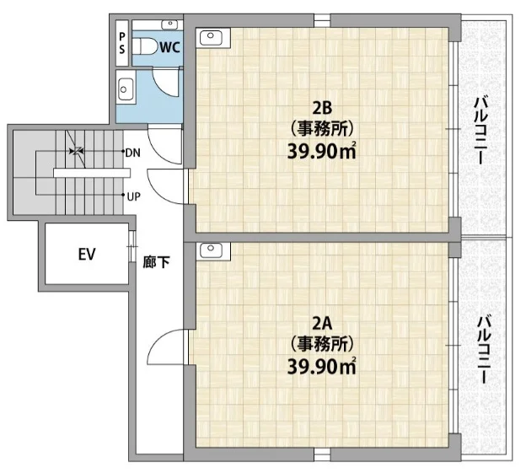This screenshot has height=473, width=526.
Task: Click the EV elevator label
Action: click(87, 254)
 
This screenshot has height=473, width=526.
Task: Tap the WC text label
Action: click(169, 47)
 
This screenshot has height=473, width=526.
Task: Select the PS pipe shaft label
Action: click(121, 43)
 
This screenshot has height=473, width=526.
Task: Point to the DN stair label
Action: click(132, 153)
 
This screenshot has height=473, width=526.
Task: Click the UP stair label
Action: click(133, 196)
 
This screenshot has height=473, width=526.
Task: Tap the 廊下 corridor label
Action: click(156, 261)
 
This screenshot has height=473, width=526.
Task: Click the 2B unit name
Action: click(322, 108)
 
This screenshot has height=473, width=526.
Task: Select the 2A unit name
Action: click(322, 324)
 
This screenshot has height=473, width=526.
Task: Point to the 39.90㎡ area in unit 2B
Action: click(322, 152)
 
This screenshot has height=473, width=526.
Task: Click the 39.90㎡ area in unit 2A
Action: click(322, 367)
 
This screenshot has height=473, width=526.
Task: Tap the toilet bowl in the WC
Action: click(145, 46)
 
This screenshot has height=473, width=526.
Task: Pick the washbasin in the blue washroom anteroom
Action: click(126, 90)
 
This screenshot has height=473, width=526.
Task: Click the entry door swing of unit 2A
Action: click(165, 346)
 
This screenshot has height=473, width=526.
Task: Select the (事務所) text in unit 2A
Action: click(322, 344)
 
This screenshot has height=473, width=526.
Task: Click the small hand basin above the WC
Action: click(170, 24)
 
